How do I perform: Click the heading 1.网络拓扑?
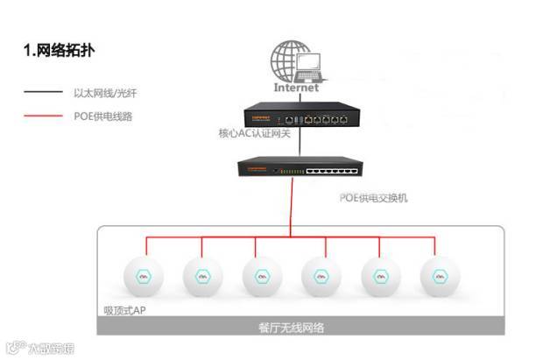coord(59,51)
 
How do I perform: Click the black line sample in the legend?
coord(41,92)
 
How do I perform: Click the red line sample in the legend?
coord(41,116)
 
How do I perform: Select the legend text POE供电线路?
coord(102,116)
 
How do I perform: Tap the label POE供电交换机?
coord(373,198)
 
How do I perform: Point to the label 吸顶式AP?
coord(125,311)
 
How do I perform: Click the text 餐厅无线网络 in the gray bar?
coord(293,328)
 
